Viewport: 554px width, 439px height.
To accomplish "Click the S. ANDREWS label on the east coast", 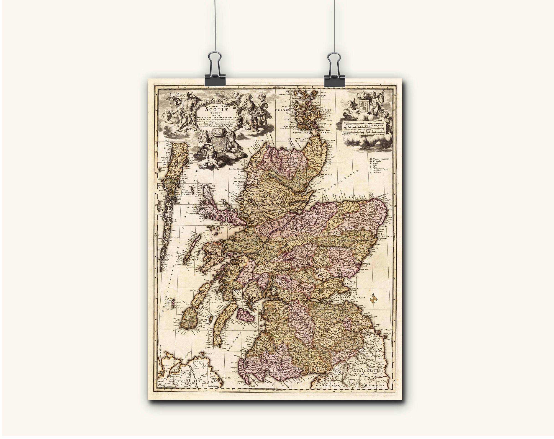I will click(350, 284).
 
